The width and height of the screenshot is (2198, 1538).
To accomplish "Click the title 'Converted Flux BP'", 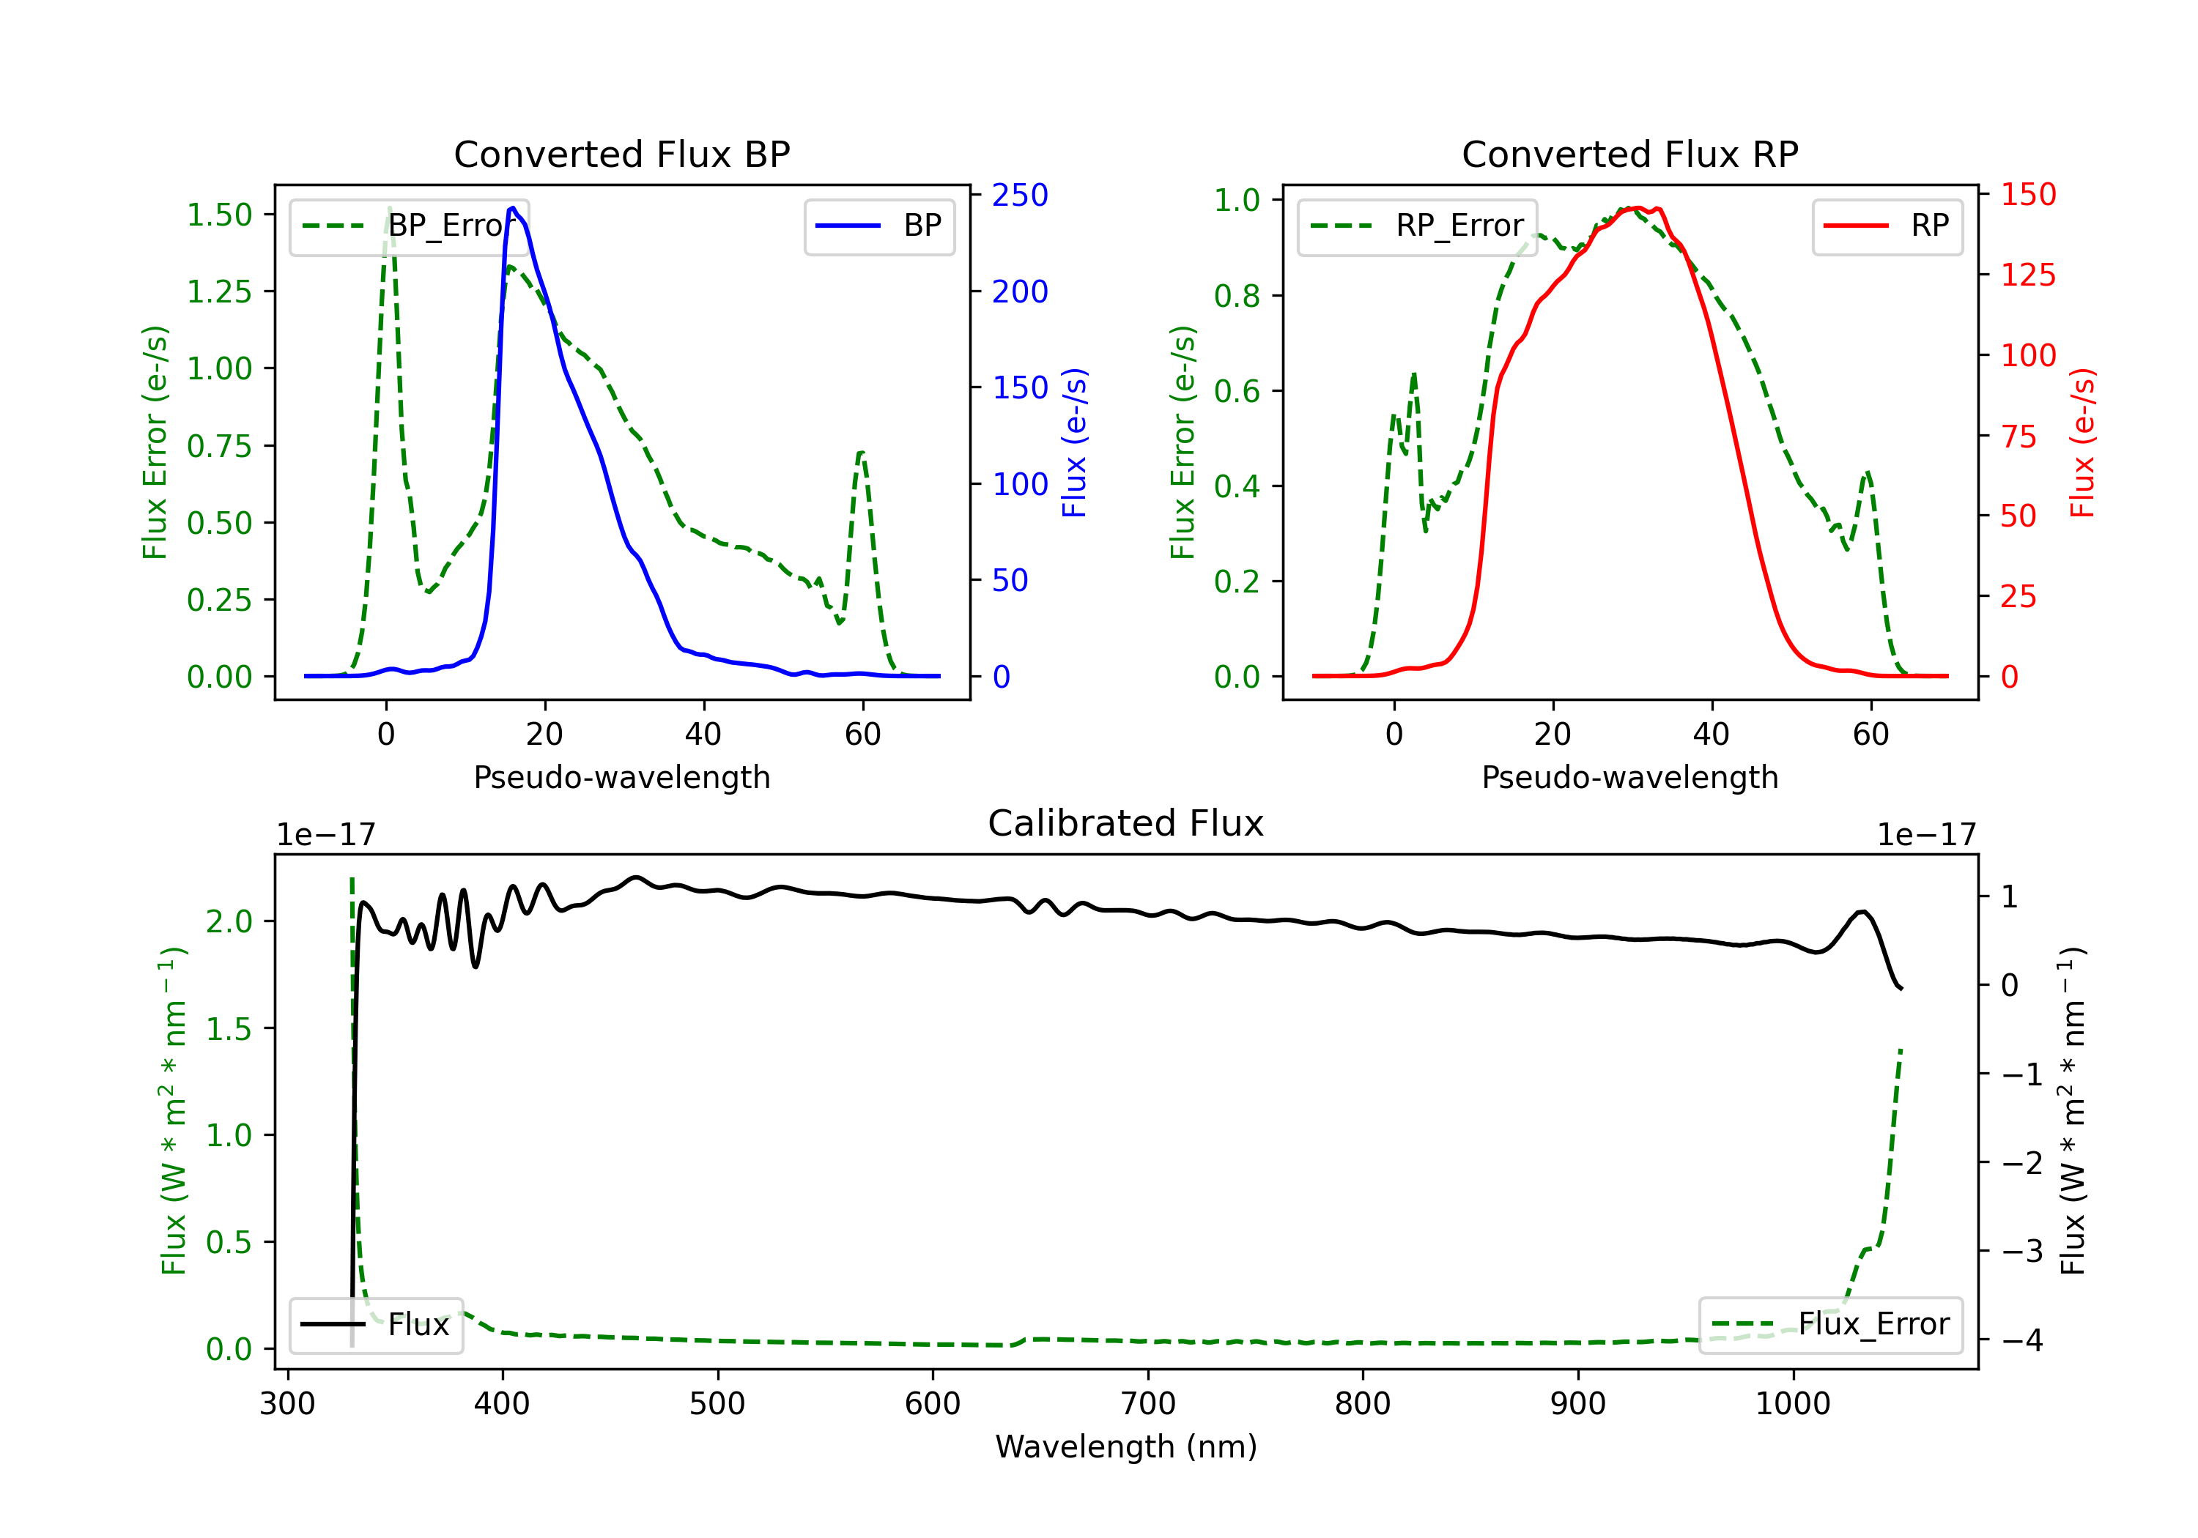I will click(x=621, y=154).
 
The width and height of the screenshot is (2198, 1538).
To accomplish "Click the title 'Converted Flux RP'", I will click(x=1629, y=154).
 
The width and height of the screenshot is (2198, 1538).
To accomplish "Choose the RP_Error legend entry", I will click(x=1417, y=226).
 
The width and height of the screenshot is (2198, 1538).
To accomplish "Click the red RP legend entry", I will click(x=1887, y=226).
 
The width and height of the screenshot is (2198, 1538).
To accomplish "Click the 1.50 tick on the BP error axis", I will click(x=219, y=215).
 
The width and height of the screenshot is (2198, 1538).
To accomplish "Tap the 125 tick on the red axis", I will click(x=2027, y=275).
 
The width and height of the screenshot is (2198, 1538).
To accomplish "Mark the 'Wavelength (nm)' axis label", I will click(x=1126, y=1446).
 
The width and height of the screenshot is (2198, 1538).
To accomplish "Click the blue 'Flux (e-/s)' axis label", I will click(x=1074, y=442).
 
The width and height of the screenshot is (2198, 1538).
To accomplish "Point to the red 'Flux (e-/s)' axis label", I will click(x=2082, y=442).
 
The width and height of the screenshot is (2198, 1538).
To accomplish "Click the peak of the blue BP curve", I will click(x=513, y=208).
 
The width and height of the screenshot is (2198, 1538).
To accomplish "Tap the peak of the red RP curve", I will click(x=1633, y=208).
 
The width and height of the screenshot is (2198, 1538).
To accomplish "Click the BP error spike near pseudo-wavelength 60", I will click(x=862, y=453).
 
